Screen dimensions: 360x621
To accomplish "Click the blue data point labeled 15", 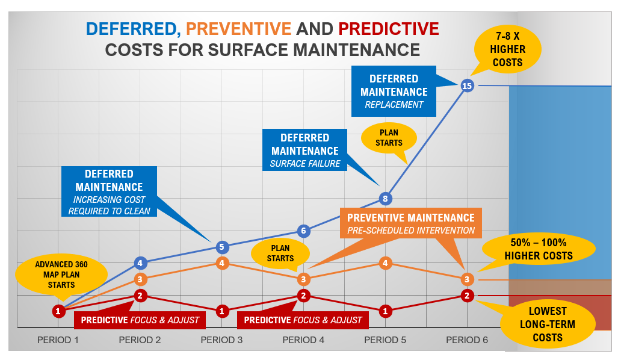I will [x=467, y=85].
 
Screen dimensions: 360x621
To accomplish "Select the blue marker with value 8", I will [x=386, y=198].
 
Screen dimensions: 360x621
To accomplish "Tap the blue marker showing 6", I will [x=304, y=231].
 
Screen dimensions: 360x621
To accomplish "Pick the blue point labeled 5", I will [x=222, y=247].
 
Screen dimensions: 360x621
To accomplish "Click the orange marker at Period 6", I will [x=467, y=279].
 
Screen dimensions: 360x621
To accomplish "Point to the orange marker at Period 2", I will [x=140, y=279].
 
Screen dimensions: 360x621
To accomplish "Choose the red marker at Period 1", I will [x=58, y=311].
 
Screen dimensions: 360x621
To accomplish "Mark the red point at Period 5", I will [x=386, y=311].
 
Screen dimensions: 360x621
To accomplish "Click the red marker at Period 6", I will [x=467, y=295].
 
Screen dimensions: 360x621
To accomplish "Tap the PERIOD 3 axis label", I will [x=221, y=340].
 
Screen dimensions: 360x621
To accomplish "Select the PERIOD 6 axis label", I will [x=467, y=340].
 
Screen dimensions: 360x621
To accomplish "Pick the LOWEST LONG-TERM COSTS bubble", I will [x=547, y=324].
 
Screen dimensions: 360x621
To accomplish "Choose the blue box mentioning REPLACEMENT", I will [x=394, y=92].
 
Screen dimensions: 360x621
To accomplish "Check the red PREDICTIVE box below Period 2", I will [x=140, y=320].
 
